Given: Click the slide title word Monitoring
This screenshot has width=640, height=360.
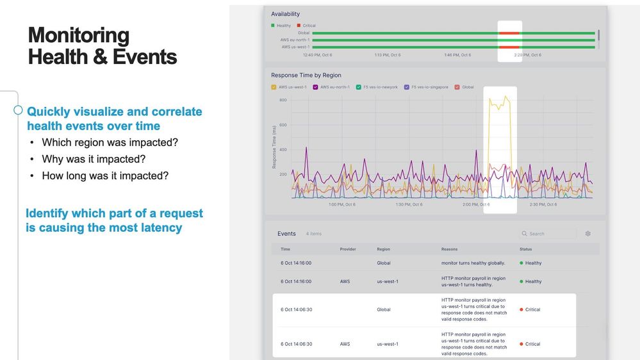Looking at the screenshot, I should pos(78,35).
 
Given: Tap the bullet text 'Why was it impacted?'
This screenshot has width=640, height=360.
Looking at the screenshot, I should pos(94,159).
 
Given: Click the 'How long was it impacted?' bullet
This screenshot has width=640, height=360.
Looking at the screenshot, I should pos(105,176).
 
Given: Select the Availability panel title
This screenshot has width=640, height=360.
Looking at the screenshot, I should pos(285,14).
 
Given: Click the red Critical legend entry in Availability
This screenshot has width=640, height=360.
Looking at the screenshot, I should pos(306,26).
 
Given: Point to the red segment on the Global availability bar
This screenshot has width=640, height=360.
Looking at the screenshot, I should pos(509,33).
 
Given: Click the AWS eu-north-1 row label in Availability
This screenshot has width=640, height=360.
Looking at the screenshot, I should pos(295,40).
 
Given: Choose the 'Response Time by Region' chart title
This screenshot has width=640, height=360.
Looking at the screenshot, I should pos(306,75).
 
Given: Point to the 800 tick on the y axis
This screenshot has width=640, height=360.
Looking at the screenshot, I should pos(283,101).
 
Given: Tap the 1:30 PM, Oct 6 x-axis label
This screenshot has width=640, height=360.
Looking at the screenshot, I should pos(409,205).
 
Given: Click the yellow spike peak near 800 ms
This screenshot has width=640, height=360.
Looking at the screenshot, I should pos(506,97).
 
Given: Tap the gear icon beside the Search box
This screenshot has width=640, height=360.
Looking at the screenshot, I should pos(588,234).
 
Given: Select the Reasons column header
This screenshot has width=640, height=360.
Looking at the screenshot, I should pos(449,249).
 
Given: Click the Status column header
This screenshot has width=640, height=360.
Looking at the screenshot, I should pos(525,249).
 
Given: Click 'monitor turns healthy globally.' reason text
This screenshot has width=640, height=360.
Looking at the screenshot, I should pos(473,263).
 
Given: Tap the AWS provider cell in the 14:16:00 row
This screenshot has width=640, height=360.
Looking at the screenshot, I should pos(345,282).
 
